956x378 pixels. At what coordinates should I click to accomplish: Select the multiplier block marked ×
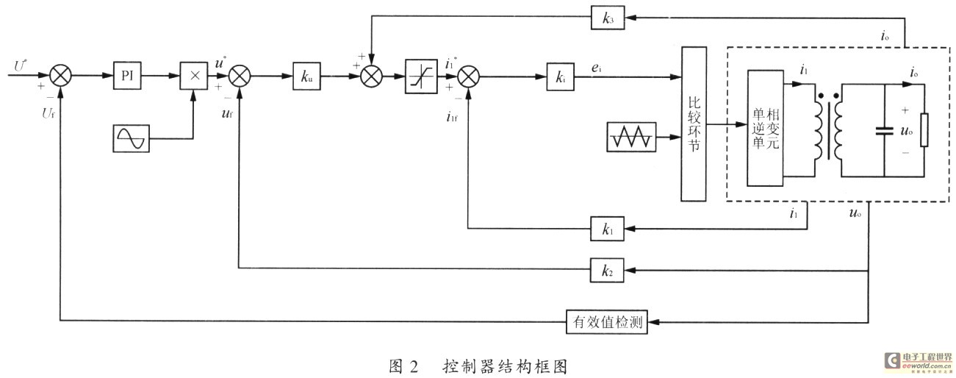pyautogui.click(x=194, y=75)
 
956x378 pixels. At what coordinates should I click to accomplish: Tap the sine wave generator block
pyautogui.click(x=132, y=138)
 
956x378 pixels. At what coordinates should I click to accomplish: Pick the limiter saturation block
pyautogui.click(x=421, y=76)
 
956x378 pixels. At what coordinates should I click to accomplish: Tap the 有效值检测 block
pyautogui.click(x=607, y=321)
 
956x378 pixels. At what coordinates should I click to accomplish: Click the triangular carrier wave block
pyautogui.click(x=630, y=138)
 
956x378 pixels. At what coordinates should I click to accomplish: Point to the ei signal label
pyautogui.click(x=597, y=68)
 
